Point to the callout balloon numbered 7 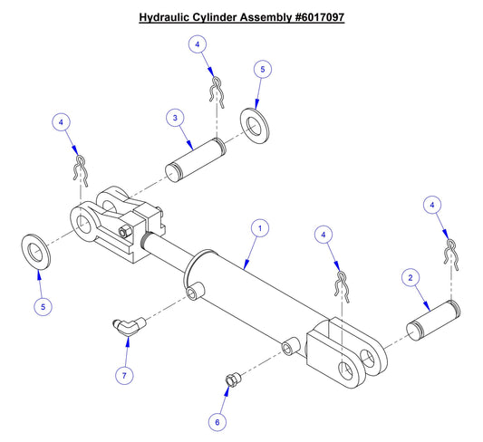[126, 373]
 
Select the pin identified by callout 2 [438, 319]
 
